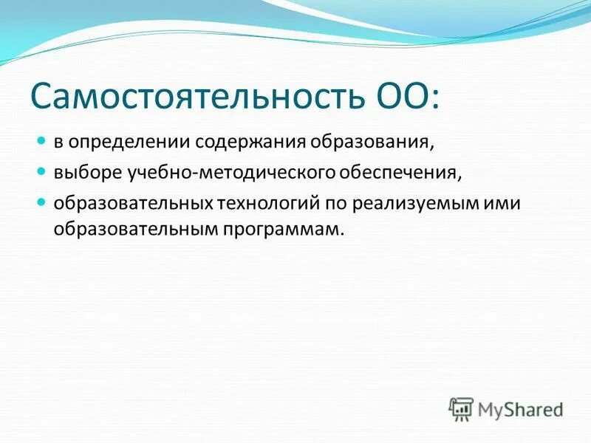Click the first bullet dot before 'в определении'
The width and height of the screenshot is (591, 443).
[42, 140]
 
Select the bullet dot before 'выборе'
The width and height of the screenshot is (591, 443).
[42, 171]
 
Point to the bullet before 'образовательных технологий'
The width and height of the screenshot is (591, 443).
[42, 202]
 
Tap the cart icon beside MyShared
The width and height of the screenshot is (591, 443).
[461, 408]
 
